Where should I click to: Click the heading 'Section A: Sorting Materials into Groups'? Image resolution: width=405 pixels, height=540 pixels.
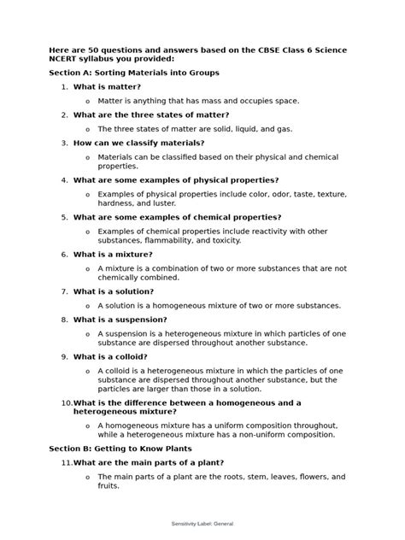(x=134, y=73)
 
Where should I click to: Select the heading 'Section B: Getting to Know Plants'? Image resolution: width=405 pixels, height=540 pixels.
(x=120, y=448)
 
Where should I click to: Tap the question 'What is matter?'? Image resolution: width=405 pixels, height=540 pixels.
(x=107, y=87)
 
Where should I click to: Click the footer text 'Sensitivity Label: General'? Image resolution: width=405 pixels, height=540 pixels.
(x=202, y=523)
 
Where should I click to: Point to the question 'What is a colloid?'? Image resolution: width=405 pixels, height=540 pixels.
(x=110, y=356)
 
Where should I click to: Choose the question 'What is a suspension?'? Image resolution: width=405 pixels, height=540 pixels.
(x=118, y=320)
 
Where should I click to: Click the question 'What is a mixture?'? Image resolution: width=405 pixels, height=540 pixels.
(x=113, y=254)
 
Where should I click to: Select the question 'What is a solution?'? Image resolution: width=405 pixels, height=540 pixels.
(x=114, y=291)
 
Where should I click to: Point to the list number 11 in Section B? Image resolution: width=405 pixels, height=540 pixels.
(x=65, y=462)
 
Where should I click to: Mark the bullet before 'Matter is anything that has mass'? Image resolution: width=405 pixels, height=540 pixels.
(x=87, y=101)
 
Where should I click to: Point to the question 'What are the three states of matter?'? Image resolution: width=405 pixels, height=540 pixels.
(x=151, y=114)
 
